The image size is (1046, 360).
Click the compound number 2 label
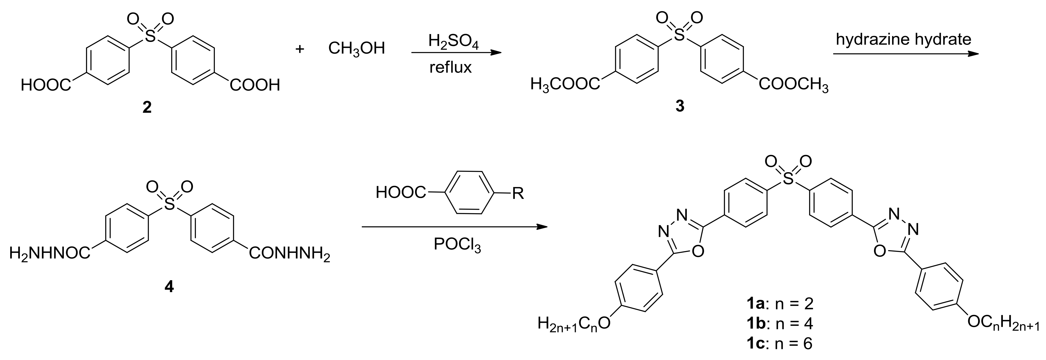coord(147,107)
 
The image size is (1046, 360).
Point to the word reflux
coord(451,67)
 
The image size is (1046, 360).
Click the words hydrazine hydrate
coord(903,39)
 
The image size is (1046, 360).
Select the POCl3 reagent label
coord(457,245)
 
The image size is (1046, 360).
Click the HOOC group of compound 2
coord(46,86)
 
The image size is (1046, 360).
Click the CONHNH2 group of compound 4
coord(289,255)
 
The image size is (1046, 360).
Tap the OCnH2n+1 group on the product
coord(1005,324)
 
